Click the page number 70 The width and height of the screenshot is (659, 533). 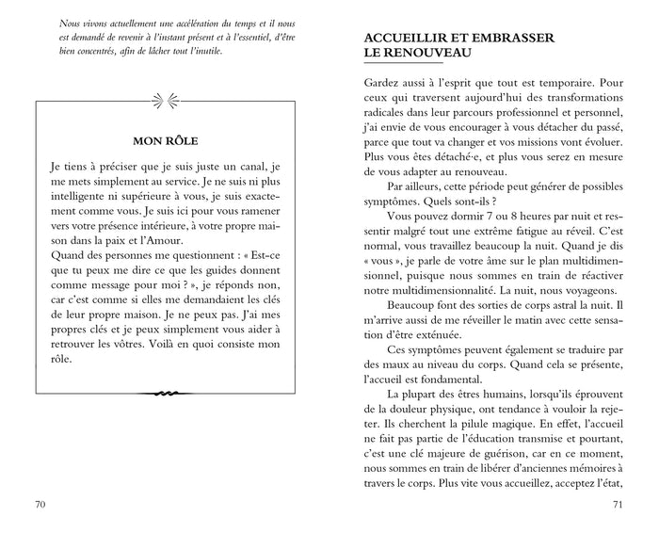pyautogui.click(x=40, y=505)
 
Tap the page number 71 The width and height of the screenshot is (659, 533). pyautogui.click(x=618, y=505)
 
